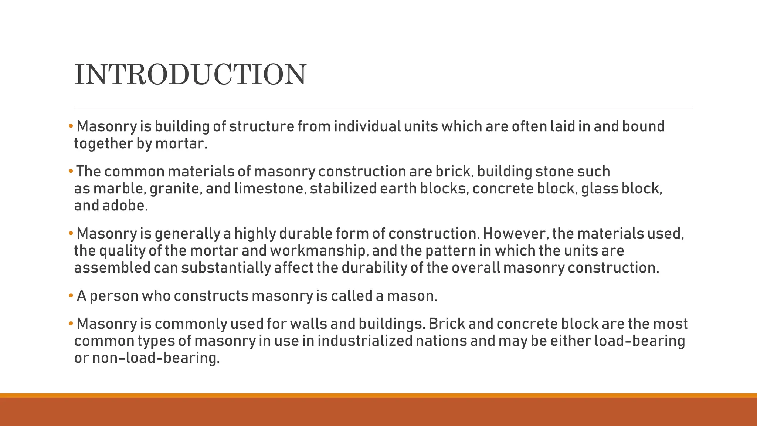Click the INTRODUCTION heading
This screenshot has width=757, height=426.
click(x=190, y=74)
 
